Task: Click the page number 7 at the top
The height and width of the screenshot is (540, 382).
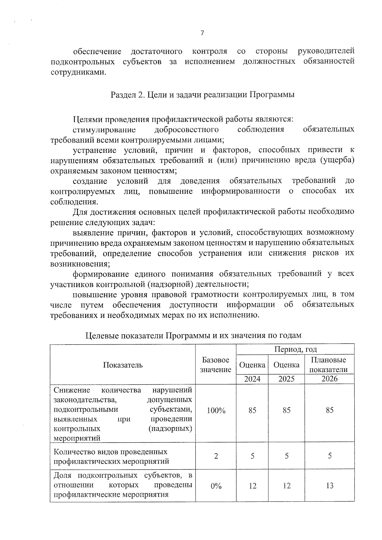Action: click(202, 33)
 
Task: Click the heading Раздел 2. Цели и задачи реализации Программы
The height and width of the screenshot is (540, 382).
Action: click(202, 95)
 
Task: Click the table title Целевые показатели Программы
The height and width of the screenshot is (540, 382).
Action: click(193, 335)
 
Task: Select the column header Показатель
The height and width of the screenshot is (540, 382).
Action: click(123, 365)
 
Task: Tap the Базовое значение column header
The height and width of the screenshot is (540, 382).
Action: click(216, 365)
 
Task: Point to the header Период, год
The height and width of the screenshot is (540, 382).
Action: click(295, 349)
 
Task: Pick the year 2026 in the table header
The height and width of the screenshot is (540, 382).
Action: click(329, 379)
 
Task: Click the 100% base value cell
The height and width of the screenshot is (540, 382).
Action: click(216, 410)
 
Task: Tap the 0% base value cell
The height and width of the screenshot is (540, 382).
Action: click(216, 486)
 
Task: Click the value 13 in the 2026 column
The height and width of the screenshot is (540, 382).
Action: click(329, 486)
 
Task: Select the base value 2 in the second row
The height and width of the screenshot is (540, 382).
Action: click(216, 456)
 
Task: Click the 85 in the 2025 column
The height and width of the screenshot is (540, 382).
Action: click(286, 410)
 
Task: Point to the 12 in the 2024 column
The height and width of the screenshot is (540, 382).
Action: click(252, 486)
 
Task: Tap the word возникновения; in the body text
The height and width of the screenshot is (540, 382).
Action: click(80, 264)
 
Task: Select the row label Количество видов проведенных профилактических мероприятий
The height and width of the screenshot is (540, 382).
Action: click(111, 456)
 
